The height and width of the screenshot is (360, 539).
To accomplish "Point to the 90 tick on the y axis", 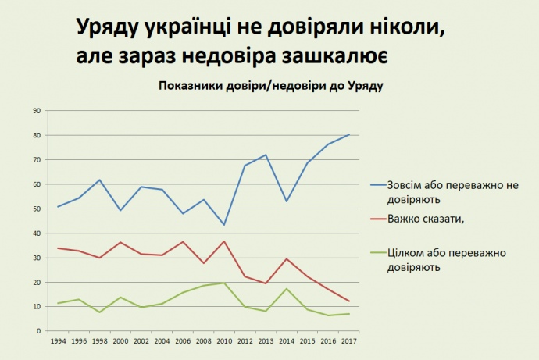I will point(36,111).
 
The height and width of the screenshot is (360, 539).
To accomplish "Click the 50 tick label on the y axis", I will point(36,209).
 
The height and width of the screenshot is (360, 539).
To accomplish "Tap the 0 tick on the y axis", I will point(37,331).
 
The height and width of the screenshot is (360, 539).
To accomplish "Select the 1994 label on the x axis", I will point(58,342).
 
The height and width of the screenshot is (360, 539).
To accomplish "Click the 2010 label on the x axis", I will point(224,342).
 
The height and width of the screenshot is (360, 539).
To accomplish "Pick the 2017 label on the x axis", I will point(348,342).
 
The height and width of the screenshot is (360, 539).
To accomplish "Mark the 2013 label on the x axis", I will point(266,342).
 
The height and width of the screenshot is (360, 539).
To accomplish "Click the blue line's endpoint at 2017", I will point(348,134).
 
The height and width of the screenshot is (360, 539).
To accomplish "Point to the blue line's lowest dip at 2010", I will point(224,225).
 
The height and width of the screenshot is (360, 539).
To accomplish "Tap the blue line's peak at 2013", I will point(266,155).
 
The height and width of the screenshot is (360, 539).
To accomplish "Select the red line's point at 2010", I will point(224,241).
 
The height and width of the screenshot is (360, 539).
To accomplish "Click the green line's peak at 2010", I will point(224,283).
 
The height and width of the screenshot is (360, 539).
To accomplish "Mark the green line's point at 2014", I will point(287,289).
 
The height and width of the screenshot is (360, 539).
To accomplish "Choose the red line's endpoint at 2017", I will point(348,301).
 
